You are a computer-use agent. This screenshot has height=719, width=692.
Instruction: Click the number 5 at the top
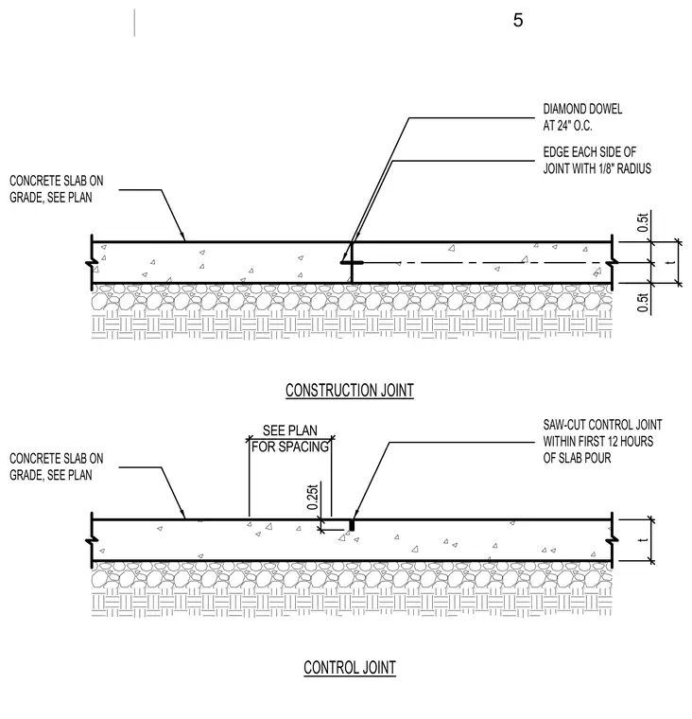coord(518,20)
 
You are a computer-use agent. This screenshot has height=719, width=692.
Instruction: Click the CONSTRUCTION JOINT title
coord(350,390)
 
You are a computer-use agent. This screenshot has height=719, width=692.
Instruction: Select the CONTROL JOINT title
coord(350,668)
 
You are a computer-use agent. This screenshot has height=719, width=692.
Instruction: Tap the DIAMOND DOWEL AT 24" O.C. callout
coord(582,117)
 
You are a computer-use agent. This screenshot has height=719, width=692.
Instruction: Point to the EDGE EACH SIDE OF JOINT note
coord(597,161)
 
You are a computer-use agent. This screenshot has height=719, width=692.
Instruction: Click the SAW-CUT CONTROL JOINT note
coord(602,441)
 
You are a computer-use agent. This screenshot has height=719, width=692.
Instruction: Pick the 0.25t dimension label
coord(313,497)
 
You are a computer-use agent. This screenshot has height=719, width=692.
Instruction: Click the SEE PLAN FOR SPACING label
coord(290,438)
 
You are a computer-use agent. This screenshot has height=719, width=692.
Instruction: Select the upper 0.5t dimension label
coord(644,222)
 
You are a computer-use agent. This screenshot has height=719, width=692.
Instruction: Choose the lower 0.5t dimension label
coord(644,303)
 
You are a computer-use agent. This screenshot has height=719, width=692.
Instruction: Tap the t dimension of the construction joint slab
coord(672,262)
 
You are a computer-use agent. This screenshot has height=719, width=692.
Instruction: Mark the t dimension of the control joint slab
coord(645,539)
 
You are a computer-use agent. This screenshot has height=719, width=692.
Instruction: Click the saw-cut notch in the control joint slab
coord(352,524)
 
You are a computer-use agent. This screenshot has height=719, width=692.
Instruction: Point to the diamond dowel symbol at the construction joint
coord(352,263)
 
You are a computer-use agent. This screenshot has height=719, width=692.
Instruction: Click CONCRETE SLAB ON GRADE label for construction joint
coord(57,189)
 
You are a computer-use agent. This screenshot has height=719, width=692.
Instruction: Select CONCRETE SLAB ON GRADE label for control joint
coord(57,466)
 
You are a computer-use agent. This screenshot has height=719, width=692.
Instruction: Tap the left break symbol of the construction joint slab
coord(92,263)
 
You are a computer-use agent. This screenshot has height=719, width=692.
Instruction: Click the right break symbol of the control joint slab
coord(612,540)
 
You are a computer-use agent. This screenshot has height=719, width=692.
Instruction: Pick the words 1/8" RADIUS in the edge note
coord(625,168)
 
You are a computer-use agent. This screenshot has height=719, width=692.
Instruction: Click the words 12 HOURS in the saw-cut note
coord(631,441)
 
